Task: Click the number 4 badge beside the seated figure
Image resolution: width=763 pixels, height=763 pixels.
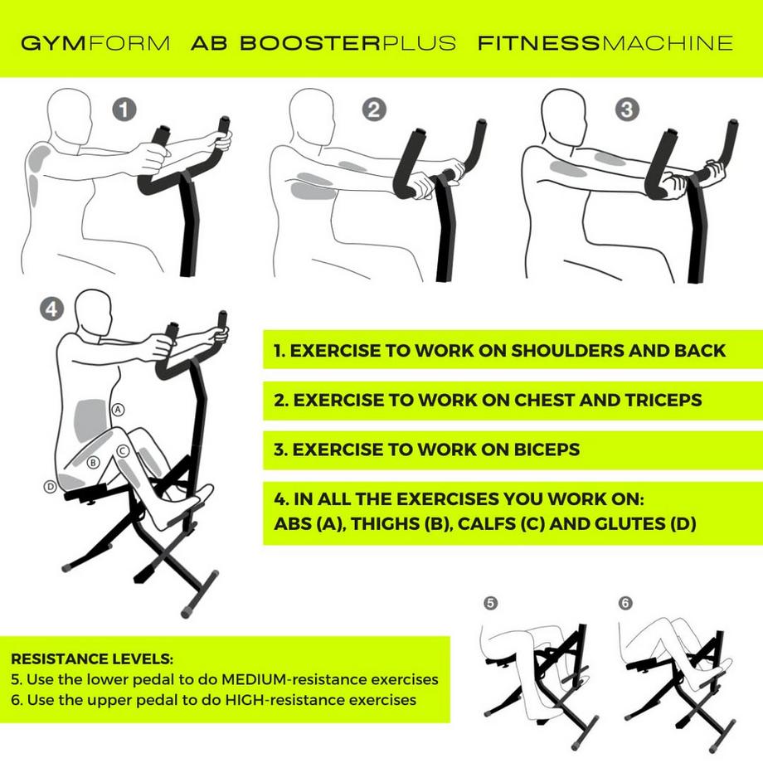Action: (x=51, y=309)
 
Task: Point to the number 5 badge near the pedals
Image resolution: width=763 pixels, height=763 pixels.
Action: (x=491, y=604)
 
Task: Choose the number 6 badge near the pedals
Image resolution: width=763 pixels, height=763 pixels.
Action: (x=625, y=604)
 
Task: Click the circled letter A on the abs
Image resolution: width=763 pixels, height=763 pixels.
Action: (x=118, y=409)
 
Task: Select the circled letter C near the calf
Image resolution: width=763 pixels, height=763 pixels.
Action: (x=122, y=450)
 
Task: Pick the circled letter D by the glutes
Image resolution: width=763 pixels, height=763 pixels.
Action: (x=50, y=486)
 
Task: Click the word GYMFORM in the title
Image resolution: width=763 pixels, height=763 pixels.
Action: (x=95, y=43)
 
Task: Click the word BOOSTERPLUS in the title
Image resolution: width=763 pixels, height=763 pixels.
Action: (x=347, y=43)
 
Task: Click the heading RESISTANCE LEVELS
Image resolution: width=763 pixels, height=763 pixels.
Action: (x=92, y=659)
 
